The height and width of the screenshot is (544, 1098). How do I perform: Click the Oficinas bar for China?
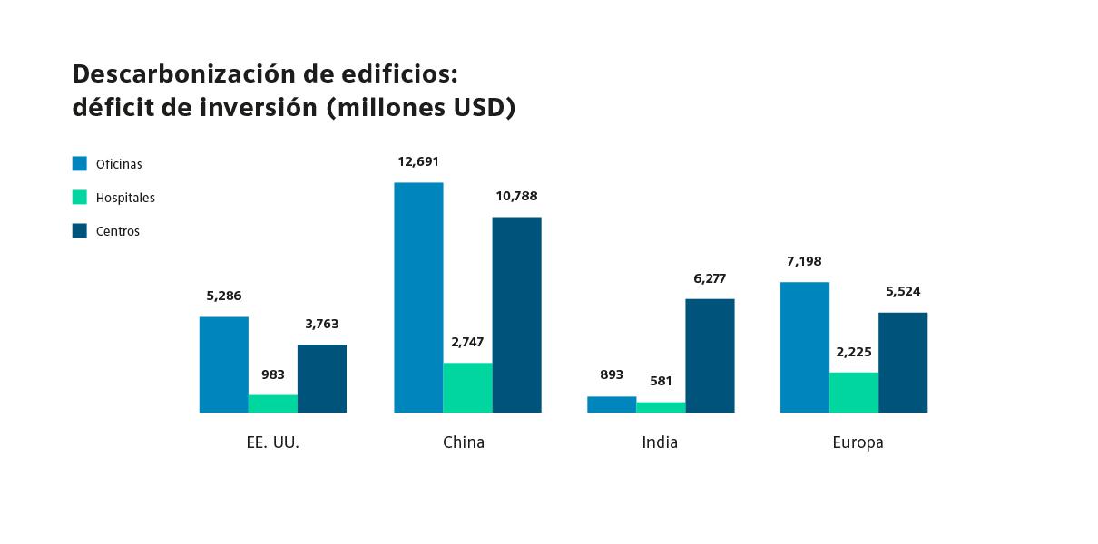(x=418, y=297)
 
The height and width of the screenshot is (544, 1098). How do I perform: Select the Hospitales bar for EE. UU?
(x=273, y=403)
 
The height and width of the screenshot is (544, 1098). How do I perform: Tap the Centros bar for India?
(x=710, y=355)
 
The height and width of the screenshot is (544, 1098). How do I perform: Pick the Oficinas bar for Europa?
(x=805, y=347)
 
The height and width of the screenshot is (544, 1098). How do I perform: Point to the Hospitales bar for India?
(x=661, y=407)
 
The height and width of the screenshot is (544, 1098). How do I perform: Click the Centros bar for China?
(x=516, y=315)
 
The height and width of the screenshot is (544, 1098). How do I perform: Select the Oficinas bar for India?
(x=612, y=404)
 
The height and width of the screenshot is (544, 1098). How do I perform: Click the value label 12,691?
(x=418, y=162)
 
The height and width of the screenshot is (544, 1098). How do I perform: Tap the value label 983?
(x=273, y=374)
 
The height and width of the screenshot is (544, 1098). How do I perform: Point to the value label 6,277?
(x=710, y=278)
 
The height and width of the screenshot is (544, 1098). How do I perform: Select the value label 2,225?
(x=854, y=352)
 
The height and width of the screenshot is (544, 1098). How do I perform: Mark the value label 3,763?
(x=322, y=324)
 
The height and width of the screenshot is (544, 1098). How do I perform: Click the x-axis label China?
(x=464, y=442)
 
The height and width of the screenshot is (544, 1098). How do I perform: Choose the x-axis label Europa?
(x=858, y=442)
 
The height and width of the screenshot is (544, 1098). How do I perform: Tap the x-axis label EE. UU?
(x=273, y=442)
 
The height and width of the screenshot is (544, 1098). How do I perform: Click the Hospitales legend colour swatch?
(x=80, y=197)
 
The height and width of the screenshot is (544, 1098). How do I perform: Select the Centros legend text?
(x=118, y=231)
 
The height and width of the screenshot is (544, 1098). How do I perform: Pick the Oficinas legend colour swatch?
(x=80, y=164)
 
